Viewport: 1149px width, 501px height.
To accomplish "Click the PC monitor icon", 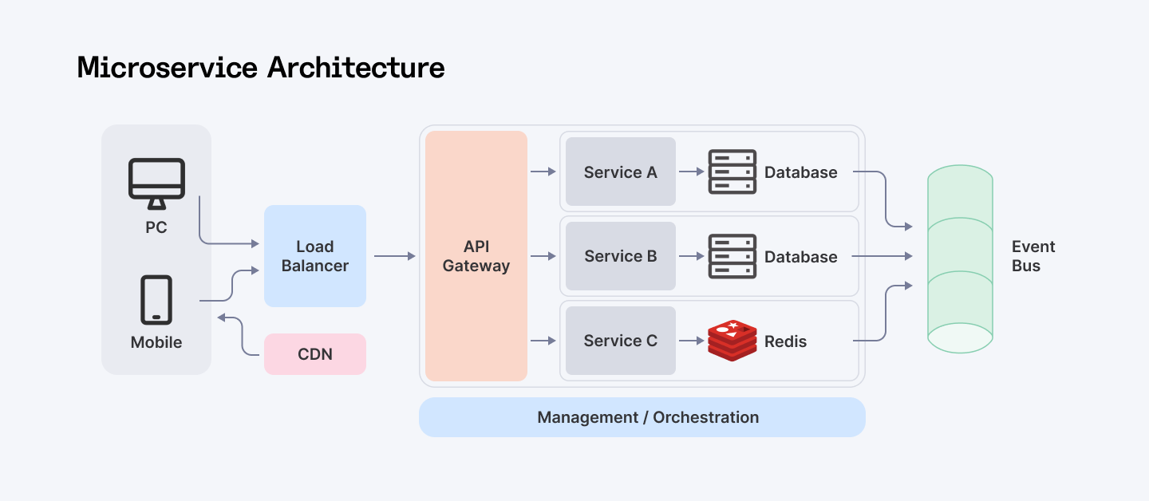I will [156, 183].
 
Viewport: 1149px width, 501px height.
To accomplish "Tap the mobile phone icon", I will [156, 300].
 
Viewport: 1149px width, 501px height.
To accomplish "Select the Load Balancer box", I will [315, 256].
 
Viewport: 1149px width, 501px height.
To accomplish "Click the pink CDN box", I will [315, 354].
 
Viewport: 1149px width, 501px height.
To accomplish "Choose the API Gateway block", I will [476, 256].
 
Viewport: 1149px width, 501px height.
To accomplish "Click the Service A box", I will [621, 172].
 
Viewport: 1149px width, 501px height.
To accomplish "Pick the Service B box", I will [621, 256].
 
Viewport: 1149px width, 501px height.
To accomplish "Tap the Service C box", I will [621, 341].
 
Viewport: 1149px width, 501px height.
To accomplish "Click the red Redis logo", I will [732, 341].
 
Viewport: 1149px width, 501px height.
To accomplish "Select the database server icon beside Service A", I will [732, 172].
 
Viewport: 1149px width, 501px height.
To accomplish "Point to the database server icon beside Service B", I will [732, 256].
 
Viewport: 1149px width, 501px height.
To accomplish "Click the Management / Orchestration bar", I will [642, 417].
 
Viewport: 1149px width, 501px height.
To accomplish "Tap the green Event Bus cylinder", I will [960, 259].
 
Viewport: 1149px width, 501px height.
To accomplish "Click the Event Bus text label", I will [1033, 256].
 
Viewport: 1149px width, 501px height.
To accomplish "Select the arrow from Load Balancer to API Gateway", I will [395, 256].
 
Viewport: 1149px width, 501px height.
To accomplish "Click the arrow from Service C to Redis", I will [691, 341].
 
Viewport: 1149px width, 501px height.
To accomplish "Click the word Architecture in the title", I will [356, 67].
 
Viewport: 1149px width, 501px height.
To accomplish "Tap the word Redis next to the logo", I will [785, 341].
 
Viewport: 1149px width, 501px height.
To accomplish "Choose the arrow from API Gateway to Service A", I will [543, 172].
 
